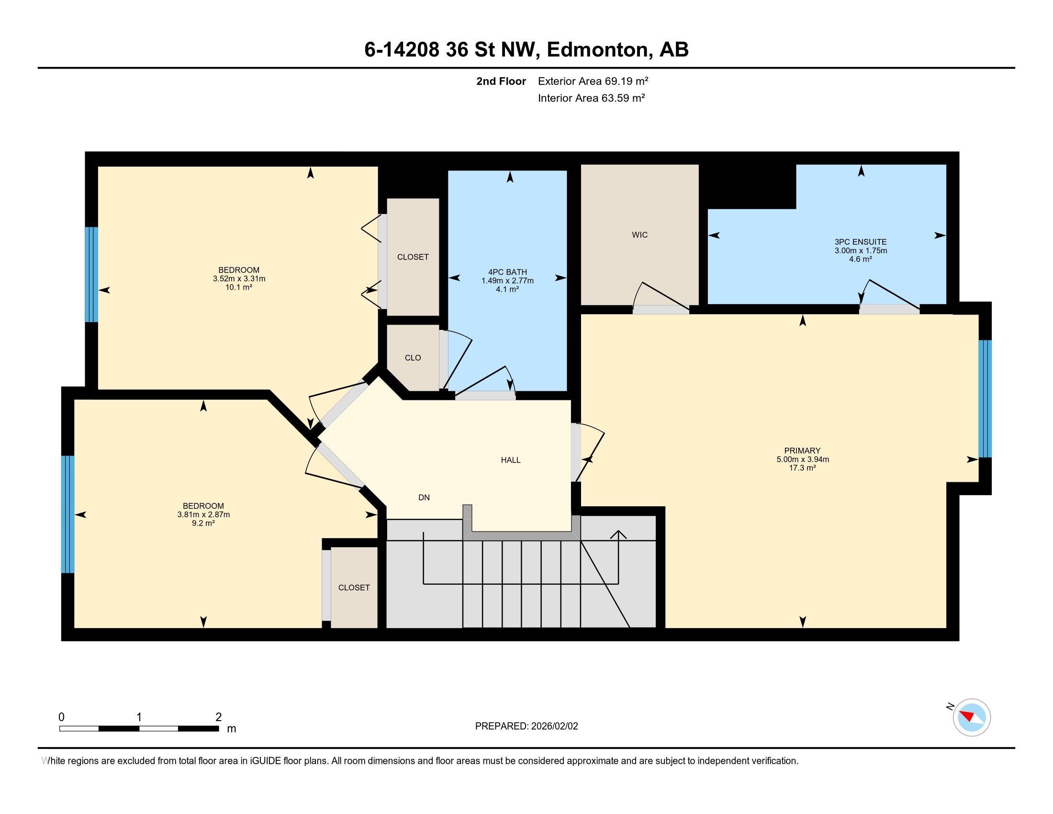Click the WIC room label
point(639,235)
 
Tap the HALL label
point(511,460)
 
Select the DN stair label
point(424,497)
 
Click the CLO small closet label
point(413,358)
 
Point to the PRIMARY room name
point(802,451)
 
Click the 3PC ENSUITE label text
point(861,242)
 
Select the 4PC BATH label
point(507,272)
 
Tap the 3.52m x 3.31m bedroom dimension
point(239,279)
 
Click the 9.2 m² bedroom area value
point(203,523)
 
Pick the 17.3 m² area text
point(802,468)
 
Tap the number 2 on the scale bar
point(218,717)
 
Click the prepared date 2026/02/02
point(554,726)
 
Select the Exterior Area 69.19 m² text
point(593,81)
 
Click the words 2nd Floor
point(501,81)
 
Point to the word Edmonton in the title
point(597,49)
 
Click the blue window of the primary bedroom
point(985,399)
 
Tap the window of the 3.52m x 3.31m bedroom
point(91,274)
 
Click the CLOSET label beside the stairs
point(354,588)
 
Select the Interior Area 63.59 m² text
point(592,98)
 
